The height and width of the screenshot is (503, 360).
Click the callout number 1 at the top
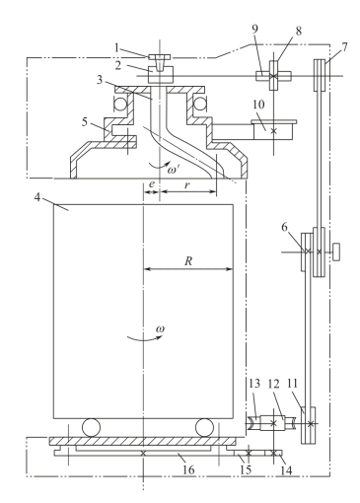(x=116, y=47)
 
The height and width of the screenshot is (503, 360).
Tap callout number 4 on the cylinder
(x=37, y=197)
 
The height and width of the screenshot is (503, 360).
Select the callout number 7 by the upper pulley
(x=344, y=47)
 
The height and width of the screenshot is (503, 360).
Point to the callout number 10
(x=258, y=105)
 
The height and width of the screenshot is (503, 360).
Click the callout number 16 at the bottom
(x=188, y=469)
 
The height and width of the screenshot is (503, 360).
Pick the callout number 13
(x=254, y=384)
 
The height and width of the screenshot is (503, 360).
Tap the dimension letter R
(x=188, y=261)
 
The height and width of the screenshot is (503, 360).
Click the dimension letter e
(x=151, y=184)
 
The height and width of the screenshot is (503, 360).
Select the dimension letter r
(x=187, y=185)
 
